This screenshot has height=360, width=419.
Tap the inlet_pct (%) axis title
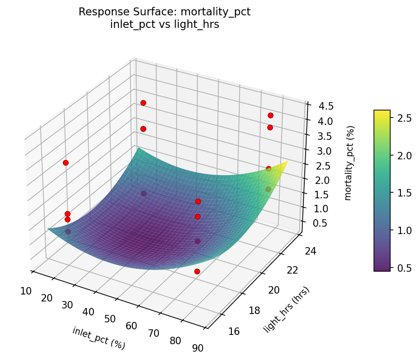98,338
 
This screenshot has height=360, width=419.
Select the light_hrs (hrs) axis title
286,309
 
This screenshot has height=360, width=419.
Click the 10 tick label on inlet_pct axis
26,291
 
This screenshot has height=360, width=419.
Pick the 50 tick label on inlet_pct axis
110,319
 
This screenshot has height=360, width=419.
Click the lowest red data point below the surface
197,271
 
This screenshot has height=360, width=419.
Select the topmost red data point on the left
143,103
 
